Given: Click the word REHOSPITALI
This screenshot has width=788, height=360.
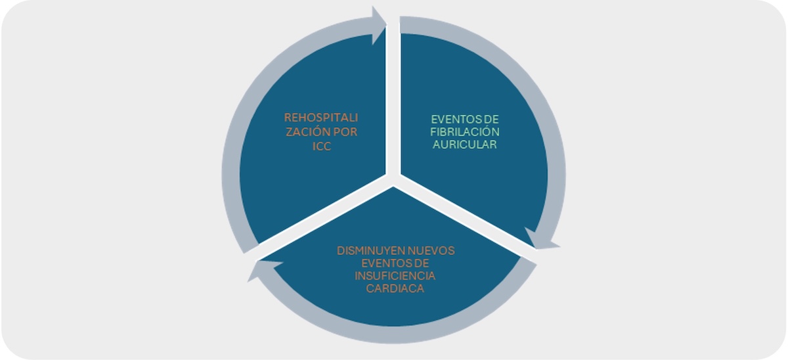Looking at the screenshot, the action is [x=321, y=118].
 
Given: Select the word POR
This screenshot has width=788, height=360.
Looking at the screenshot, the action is [x=345, y=132].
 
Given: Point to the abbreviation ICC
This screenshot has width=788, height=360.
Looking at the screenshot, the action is [x=322, y=146].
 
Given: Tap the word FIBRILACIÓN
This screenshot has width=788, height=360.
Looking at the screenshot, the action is [x=465, y=132].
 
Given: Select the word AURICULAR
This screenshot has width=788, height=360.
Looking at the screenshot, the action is [x=465, y=145].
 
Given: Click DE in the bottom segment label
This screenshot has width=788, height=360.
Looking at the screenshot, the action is [x=419, y=263].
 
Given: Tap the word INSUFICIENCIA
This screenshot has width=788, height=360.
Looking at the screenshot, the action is [x=395, y=276].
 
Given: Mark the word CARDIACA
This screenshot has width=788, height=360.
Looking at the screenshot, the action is [x=395, y=288].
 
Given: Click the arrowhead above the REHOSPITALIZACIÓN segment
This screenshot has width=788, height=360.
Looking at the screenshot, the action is [x=379, y=26].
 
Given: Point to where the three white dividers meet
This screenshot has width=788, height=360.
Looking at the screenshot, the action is [x=393, y=179].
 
